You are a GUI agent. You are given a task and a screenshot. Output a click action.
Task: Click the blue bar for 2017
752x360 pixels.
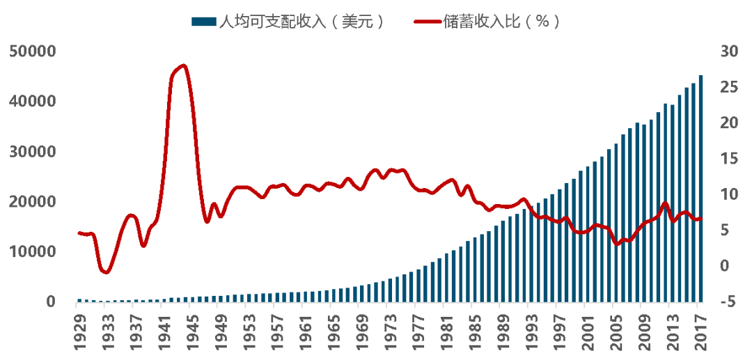(700, 188)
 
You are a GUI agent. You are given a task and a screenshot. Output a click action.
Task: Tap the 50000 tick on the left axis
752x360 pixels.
(33, 52)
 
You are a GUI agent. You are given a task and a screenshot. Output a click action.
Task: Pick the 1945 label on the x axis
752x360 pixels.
(192, 329)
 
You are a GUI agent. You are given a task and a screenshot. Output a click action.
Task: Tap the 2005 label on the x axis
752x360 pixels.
(616, 329)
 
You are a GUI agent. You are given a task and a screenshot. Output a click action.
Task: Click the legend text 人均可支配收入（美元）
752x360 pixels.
(301, 22)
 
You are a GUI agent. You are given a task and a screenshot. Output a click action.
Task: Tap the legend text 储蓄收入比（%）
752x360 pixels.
(501, 22)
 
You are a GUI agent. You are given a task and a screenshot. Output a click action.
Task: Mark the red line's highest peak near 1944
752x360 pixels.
(183, 65)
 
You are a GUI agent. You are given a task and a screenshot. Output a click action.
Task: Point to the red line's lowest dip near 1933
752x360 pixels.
(105, 272)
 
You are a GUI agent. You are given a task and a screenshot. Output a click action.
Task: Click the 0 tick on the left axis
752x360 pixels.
(50, 302)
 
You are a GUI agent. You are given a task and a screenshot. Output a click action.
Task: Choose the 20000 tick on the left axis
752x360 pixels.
(33, 202)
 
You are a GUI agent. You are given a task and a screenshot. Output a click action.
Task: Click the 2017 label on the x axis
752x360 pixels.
(700, 329)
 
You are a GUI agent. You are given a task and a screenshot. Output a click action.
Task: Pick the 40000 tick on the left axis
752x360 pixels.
(33, 102)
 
